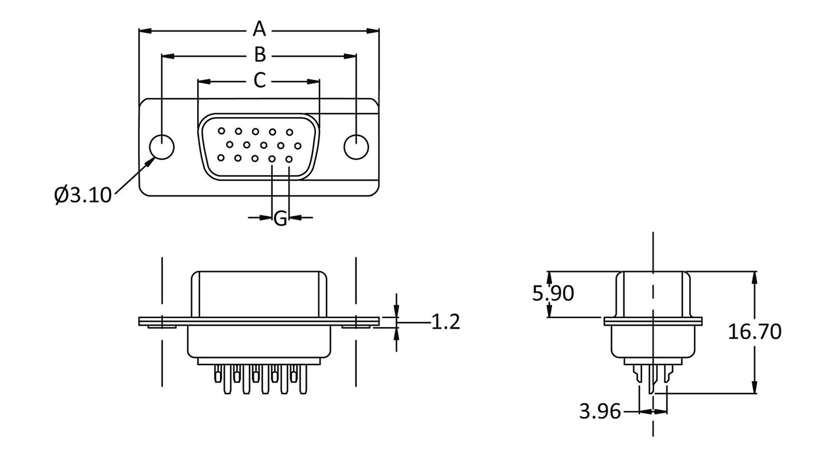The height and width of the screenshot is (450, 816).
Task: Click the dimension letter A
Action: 259,29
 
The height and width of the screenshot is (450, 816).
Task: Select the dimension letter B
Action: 260,54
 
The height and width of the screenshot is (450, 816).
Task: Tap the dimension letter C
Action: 260,80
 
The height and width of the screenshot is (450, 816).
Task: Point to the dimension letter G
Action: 280,218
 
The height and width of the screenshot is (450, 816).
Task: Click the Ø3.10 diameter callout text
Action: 83,195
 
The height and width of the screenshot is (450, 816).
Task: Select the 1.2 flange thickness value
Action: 445,322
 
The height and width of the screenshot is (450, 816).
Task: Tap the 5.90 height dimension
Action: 553,293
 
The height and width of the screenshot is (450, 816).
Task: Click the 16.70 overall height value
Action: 754,331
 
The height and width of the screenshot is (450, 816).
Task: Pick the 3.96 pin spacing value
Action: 600,411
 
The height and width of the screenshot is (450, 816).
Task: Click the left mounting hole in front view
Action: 161,147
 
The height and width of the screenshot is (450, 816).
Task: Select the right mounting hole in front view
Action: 356,147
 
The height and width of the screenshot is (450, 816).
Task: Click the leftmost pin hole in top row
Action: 221,131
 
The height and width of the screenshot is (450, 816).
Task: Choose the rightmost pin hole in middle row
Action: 298,146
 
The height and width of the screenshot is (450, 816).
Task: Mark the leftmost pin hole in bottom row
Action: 221,158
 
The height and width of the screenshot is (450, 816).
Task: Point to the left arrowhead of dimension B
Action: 167,56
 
